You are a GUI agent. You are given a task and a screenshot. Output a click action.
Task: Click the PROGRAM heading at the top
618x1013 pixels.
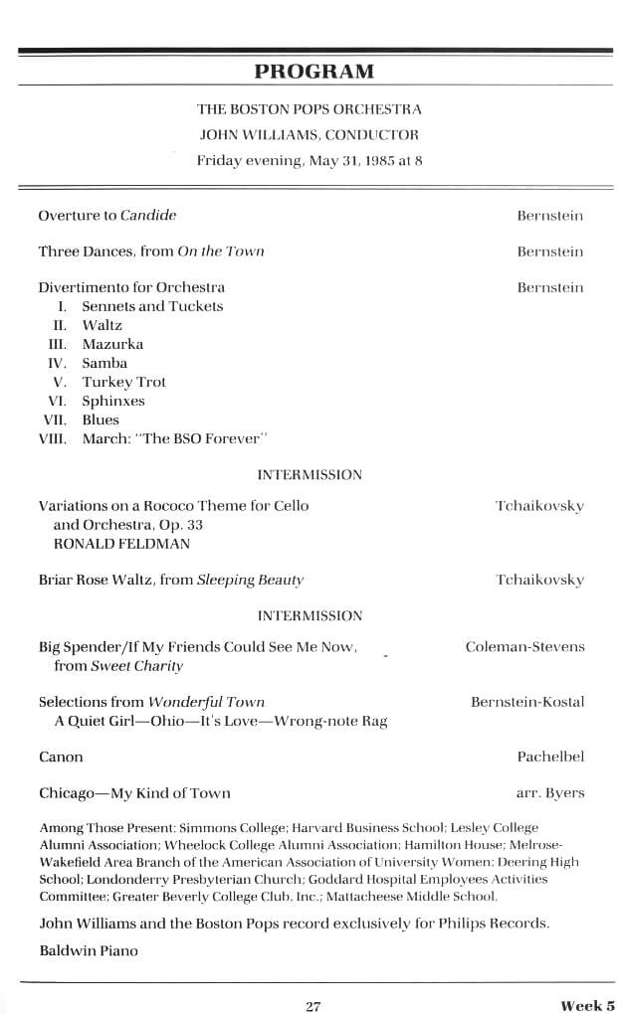click(313, 71)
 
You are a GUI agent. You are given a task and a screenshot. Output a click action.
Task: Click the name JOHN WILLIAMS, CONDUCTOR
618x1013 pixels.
click(309, 134)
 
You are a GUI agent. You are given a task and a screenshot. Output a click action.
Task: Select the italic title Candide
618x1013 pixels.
click(148, 215)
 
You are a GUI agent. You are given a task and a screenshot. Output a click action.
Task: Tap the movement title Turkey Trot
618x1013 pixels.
click(123, 382)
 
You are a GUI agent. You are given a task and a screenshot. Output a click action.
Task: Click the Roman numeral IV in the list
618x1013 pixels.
click(57, 363)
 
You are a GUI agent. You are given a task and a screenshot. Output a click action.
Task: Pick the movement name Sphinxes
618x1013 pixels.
click(113, 401)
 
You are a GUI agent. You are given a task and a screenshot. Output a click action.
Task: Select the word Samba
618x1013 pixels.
click(104, 363)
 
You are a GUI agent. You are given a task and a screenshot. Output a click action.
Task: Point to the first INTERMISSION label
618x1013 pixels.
click(309, 475)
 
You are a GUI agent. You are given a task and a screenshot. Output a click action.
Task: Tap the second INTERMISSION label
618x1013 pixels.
click(309, 616)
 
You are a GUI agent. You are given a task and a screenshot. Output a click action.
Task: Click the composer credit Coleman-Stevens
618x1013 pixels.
click(524, 647)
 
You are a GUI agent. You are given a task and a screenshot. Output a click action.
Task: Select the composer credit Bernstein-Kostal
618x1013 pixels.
click(526, 702)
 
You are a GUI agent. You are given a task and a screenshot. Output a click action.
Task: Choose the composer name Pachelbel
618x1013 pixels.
click(550, 758)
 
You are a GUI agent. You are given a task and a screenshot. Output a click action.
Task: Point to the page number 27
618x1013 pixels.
click(312, 1005)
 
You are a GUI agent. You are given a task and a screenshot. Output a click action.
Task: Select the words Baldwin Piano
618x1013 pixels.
click(89, 950)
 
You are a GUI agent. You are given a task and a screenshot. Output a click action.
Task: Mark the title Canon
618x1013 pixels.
click(61, 758)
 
